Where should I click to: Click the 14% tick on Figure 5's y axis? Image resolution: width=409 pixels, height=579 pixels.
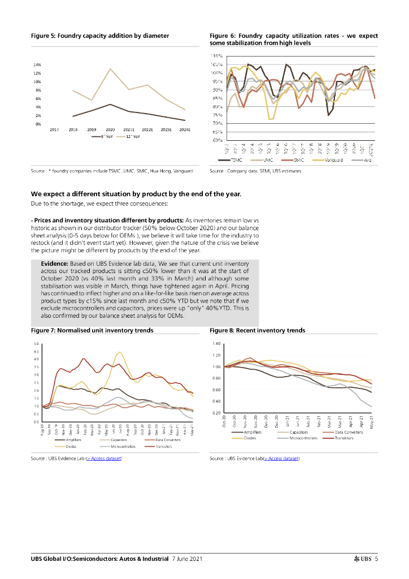pyautogui.click(x=37, y=65)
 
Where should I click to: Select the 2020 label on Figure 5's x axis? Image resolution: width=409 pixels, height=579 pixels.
pyautogui.click(x=110, y=129)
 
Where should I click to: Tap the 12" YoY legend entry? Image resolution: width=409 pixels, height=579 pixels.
pyautogui.click(x=132, y=136)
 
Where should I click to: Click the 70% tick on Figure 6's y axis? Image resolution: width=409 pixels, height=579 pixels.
pyautogui.click(x=217, y=123)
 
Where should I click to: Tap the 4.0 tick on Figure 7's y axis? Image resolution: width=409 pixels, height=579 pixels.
pyautogui.click(x=37, y=359)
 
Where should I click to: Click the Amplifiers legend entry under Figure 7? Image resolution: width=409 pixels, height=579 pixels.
pyautogui.click(x=73, y=439)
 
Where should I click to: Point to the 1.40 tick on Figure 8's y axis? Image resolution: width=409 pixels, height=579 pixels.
pyautogui.click(x=216, y=344)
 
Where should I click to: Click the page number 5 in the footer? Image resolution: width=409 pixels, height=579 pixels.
pyautogui.click(x=376, y=559)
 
